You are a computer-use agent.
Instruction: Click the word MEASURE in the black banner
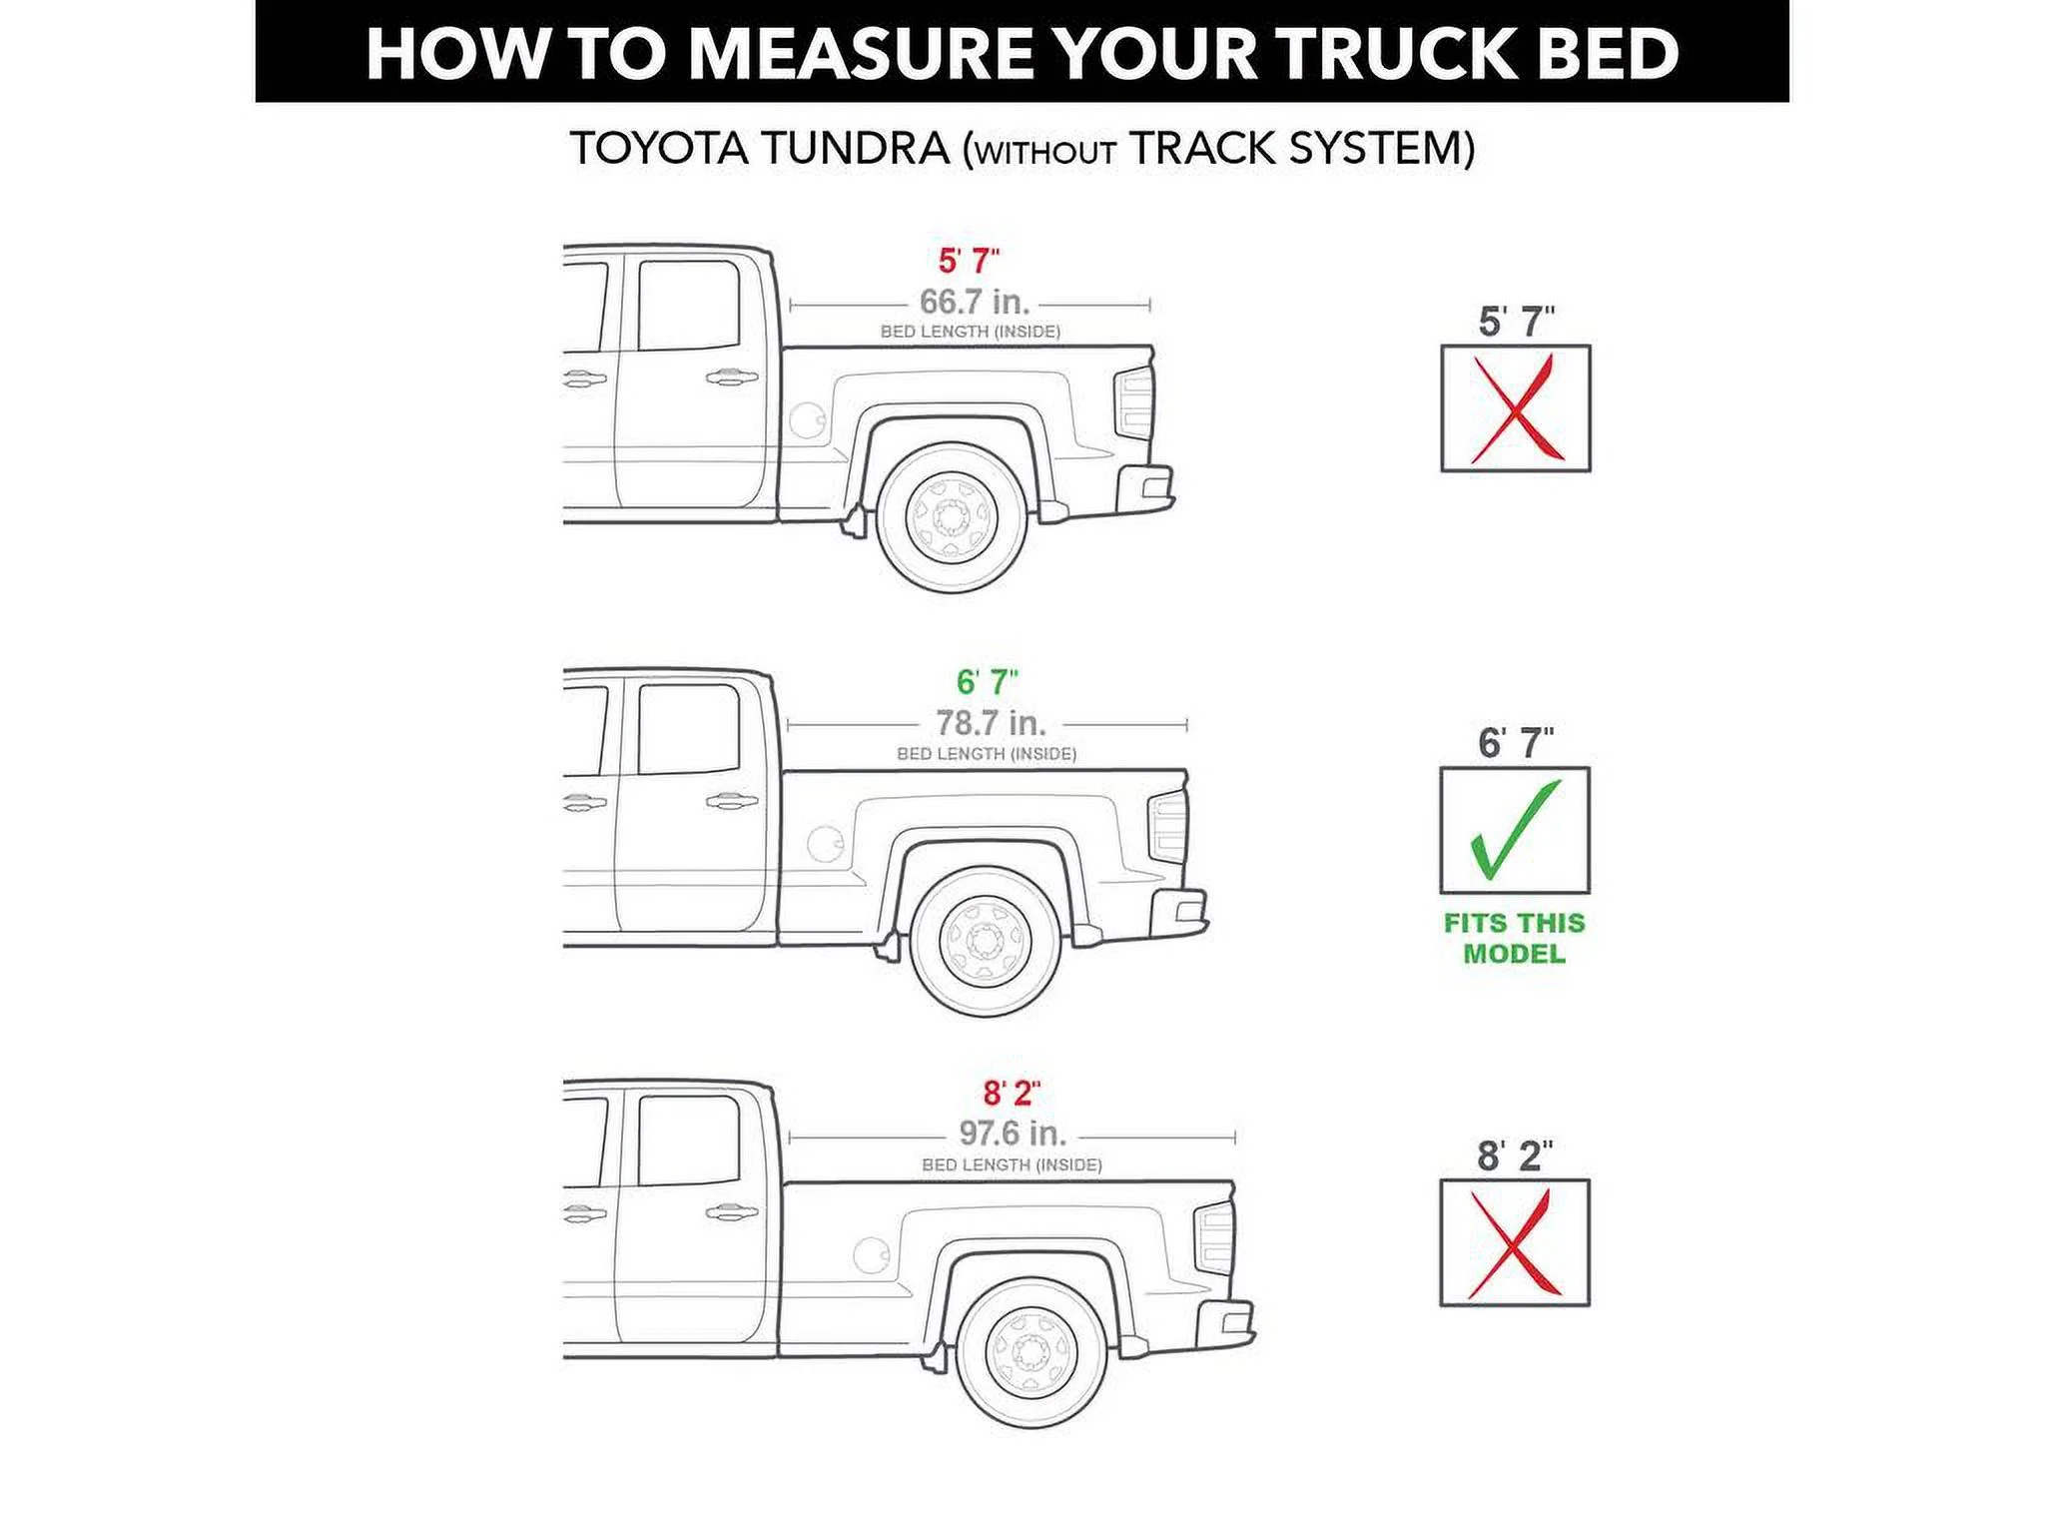pyautogui.click(x=862, y=53)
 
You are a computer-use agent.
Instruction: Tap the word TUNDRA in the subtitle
pyautogui.click(x=854, y=150)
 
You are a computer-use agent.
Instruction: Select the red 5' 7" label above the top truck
pyautogui.click(x=969, y=261)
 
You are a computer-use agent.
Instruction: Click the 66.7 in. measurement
pyautogui.click(x=975, y=301)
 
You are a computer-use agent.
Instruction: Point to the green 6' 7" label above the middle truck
pyautogui.click(x=987, y=682)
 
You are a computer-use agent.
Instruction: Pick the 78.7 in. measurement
pyautogui.click(x=991, y=722)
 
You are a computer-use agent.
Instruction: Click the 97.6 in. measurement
pyautogui.click(x=1013, y=1134)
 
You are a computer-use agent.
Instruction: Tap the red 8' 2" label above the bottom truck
pyautogui.click(x=1011, y=1094)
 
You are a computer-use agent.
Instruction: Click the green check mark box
pyautogui.click(x=1514, y=830)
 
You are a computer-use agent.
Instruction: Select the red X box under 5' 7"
pyautogui.click(x=1515, y=408)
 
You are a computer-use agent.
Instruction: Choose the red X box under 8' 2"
pyautogui.click(x=1514, y=1242)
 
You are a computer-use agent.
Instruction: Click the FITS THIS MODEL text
pyautogui.click(x=1514, y=938)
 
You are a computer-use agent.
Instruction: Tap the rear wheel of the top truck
pyautogui.click(x=952, y=517)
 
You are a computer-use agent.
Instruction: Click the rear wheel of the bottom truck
pyautogui.click(x=1031, y=1351)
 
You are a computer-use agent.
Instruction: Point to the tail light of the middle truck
pyautogui.click(x=1167, y=828)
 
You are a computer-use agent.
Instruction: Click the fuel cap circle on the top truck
pyautogui.click(x=807, y=419)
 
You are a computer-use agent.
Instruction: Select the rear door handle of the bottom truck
pyautogui.click(x=730, y=1212)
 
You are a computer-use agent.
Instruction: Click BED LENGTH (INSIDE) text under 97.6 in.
pyautogui.click(x=1012, y=1165)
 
